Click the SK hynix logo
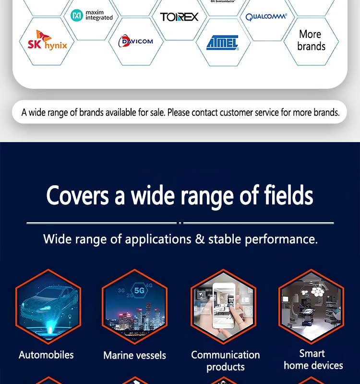pyautogui.click(x=47, y=40)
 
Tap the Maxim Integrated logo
pyautogui.click(x=92, y=15)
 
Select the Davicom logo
pyautogui.click(x=135, y=41)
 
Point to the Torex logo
pyautogui.click(x=179, y=17)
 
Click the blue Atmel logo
pyautogui.click(x=223, y=43)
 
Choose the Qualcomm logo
pyautogui.click(x=266, y=17)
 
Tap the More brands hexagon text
pyautogui.click(x=311, y=40)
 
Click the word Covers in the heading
pyautogui.click(x=77, y=195)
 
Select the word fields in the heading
pyautogui.click(x=288, y=195)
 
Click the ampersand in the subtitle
pyautogui.click(x=200, y=239)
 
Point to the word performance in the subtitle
pyautogui.click(x=281, y=240)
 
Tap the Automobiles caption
pyautogui.click(x=46, y=355)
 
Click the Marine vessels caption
pyautogui.click(x=135, y=355)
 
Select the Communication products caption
pyautogui.click(x=226, y=361)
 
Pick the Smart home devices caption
pyautogui.click(x=313, y=360)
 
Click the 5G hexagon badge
pyautogui.click(x=139, y=290)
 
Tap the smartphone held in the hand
pyautogui.click(x=224, y=305)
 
